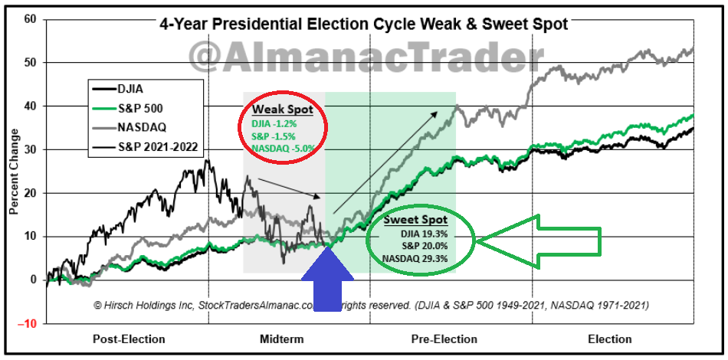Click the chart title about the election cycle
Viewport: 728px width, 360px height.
click(x=364, y=24)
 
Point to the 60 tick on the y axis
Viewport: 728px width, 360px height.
click(x=30, y=18)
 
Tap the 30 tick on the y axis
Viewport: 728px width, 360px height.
click(x=30, y=149)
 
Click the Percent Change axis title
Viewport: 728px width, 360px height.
click(x=13, y=173)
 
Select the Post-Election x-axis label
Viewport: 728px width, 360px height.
click(x=126, y=339)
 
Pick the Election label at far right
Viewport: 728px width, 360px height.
click(x=611, y=339)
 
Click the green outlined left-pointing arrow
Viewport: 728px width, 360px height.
click(x=540, y=241)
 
